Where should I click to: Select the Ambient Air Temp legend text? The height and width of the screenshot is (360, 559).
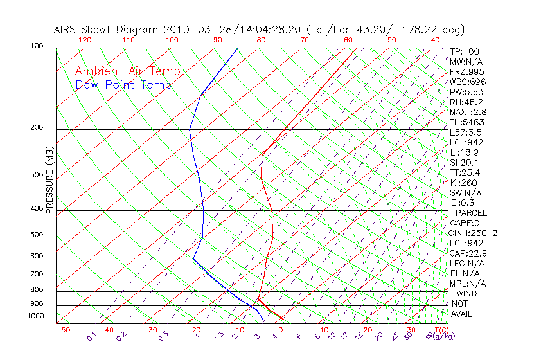pos(127,71)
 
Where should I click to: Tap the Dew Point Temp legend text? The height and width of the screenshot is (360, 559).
pos(123,85)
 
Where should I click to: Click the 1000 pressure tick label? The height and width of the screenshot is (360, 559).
pos(36,316)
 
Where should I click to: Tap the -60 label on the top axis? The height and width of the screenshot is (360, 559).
pos(345,40)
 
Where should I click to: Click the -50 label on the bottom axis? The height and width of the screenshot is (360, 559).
pos(62,330)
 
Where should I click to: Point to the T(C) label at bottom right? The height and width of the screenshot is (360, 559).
pos(439,330)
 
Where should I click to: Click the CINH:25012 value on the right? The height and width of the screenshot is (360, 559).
pos(474,233)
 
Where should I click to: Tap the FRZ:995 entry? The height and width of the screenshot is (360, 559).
pos(467,72)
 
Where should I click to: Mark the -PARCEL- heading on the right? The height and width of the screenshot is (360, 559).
pos(472,213)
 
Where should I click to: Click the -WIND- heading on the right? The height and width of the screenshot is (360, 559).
pos(468,294)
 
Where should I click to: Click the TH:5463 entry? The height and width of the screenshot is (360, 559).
pos(467,122)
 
